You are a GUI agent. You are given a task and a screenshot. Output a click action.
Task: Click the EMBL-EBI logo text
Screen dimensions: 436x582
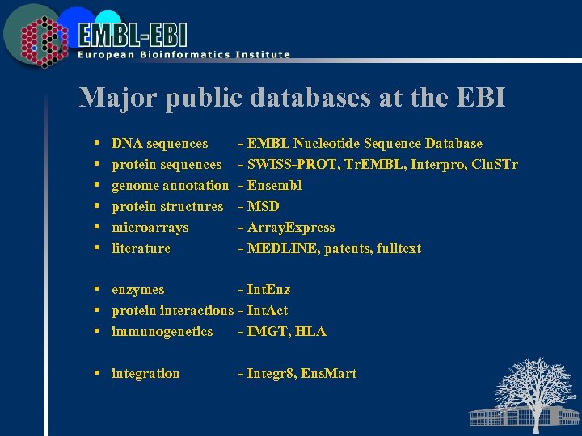(133, 34)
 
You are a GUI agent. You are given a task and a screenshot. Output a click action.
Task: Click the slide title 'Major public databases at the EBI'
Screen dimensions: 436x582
(292, 98)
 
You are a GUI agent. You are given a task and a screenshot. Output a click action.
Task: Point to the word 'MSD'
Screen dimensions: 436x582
(264, 206)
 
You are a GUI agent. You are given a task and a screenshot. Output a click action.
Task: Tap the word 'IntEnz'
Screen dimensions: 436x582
(268, 289)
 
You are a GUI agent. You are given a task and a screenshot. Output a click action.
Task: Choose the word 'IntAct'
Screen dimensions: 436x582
(268, 310)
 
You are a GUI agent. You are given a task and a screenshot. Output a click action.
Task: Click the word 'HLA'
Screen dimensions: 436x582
(311, 331)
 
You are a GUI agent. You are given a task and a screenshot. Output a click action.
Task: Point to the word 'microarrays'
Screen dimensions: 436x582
(150, 227)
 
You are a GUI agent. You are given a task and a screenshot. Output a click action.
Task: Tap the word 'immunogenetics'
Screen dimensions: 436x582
(162, 331)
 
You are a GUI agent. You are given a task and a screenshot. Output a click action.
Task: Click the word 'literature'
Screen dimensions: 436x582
(141, 248)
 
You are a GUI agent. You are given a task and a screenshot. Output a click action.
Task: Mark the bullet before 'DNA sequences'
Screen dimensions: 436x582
(96, 144)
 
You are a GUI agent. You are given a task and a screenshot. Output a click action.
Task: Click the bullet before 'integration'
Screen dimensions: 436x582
(96, 373)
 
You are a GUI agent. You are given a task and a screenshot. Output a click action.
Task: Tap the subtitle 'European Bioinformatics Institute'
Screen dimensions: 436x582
(183, 55)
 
